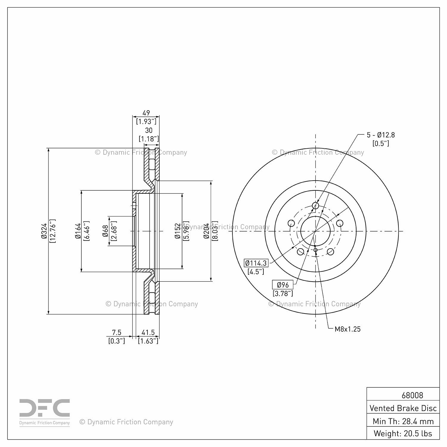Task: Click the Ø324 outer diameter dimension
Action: [x=44, y=231]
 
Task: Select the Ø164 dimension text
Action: [x=78, y=231]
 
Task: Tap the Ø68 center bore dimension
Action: [x=105, y=231]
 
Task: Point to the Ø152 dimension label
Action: [x=178, y=231]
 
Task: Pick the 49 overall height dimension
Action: [x=146, y=113]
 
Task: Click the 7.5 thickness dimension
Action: [x=117, y=332]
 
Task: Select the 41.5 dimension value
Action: [x=148, y=332]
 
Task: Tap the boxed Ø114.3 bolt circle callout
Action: [x=256, y=263]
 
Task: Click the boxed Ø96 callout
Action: [x=283, y=285]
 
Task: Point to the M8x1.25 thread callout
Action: [x=347, y=329]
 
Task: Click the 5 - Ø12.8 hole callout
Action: [x=381, y=135]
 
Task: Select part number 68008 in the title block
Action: [x=412, y=395]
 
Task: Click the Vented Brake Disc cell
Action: [x=403, y=408]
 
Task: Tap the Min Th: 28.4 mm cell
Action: [x=403, y=421]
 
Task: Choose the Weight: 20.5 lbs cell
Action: [x=403, y=433]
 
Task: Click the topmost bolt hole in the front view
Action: [x=315, y=206]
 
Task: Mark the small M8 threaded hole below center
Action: [x=316, y=250]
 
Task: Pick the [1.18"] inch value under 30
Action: [x=149, y=139]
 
